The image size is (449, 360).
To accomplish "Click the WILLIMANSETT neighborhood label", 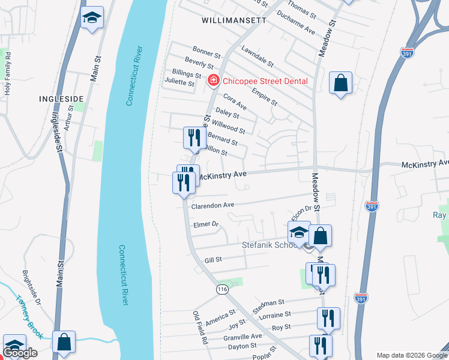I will [x=234, y=20].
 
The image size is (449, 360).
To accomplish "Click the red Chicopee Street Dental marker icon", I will [x=212, y=81].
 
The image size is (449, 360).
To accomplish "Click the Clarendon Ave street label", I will [x=212, y=205].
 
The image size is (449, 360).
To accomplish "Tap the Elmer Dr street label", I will [x=205, y=224].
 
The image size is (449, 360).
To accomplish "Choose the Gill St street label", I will [x=213, y=260].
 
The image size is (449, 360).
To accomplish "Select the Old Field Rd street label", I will [x=200, y=327].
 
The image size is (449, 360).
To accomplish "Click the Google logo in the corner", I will [x=20, y=353].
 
